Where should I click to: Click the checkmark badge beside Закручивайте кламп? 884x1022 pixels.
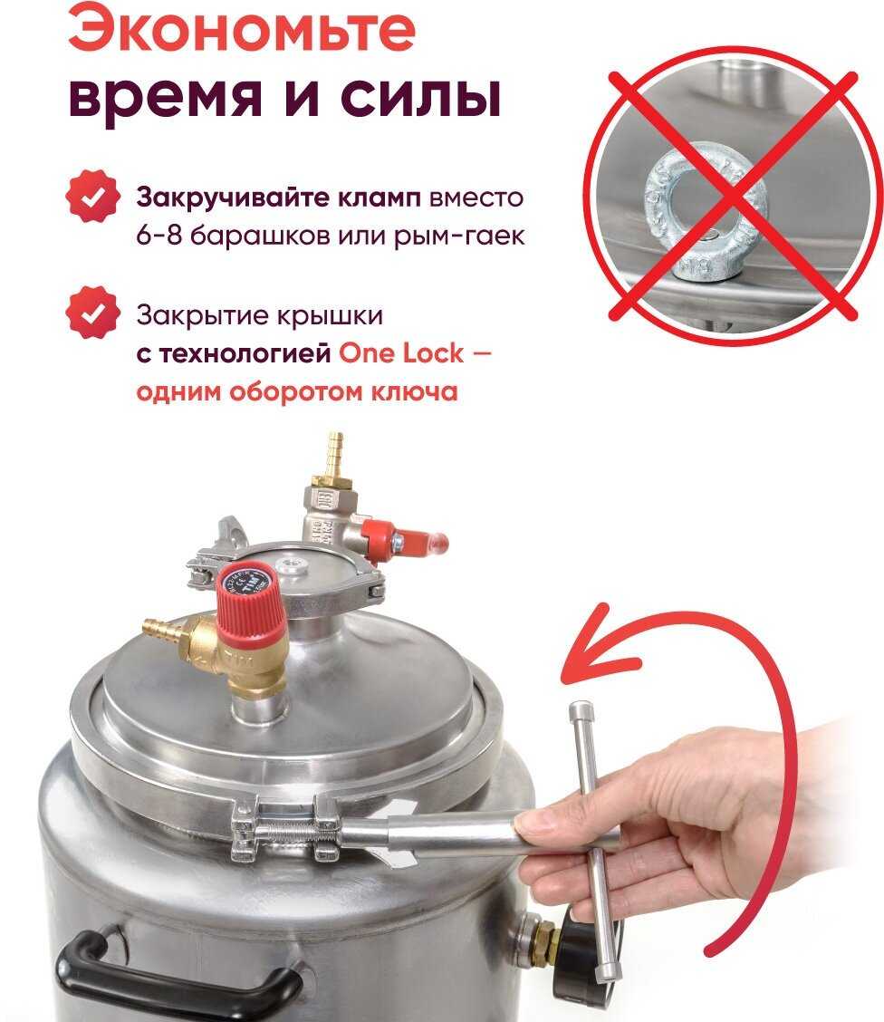pos(93,197)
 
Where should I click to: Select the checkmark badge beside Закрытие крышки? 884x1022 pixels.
pos(93,313)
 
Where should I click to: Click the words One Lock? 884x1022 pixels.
pos(401,353)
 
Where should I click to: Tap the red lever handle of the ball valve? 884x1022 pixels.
pos(405,541)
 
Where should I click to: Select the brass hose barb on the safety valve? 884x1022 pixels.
pos(162,631)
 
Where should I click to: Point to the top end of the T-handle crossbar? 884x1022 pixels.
pos(579,708)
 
